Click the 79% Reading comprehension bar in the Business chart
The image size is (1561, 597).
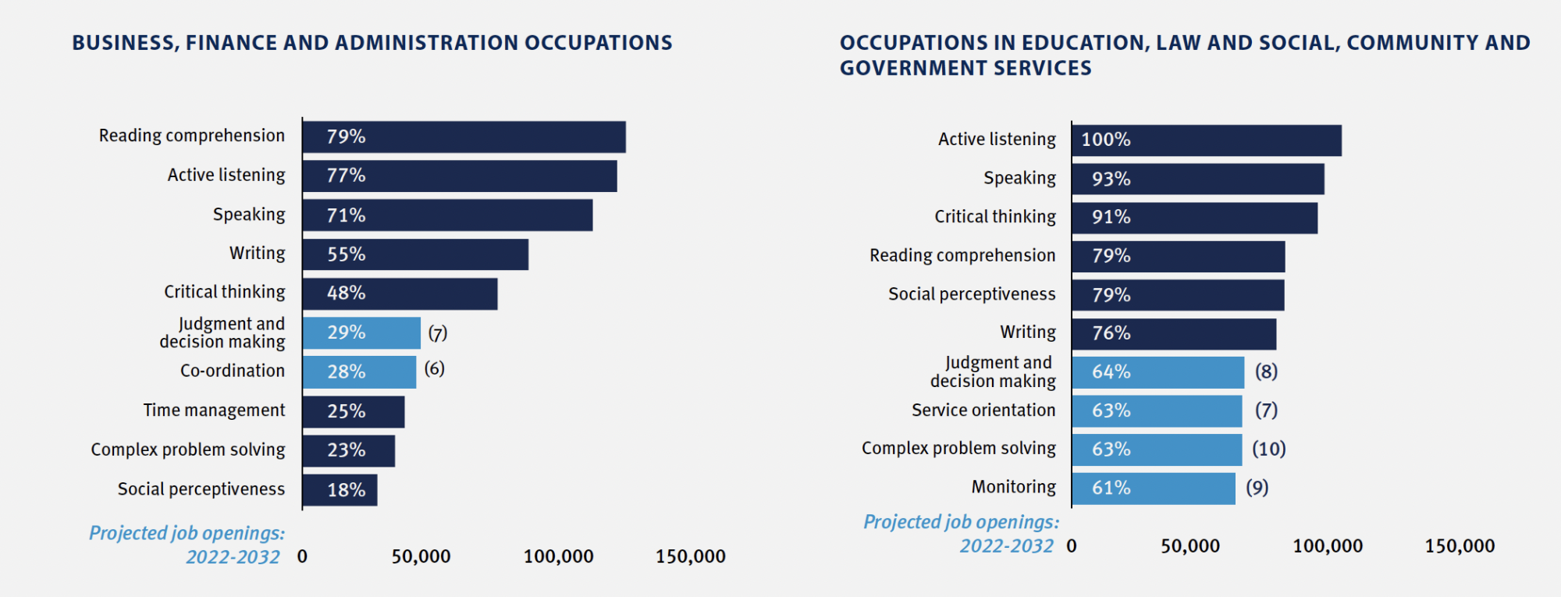pyautogui.click(x=464, y=137)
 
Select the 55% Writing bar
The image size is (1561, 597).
pyautogui.click(x=415, y=254)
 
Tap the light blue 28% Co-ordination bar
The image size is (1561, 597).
pyautogui.click(x=359, y=372)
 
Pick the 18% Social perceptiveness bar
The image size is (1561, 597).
pyautogui.click(x=340, y=490)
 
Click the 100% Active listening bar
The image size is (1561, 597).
pyautogui.click(x=1206, y=140)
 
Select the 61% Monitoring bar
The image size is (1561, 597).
pyautogui.click(x=1153, y=489)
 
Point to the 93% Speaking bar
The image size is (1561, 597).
pyautogui.click(x=1197, y=179)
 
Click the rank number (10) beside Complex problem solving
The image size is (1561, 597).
pyautogui.click(x=1269, y=449)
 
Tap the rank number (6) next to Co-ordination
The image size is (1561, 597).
pyautogui.click(x=435, y=368)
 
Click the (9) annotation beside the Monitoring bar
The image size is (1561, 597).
pyautogui.click(x=1257, y=488)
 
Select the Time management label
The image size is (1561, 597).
pyautogui.click(x=214, y=410)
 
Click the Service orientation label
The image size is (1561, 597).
pyautogui.click(x=983, y=410)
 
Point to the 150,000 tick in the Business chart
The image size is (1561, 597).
pyautogui.click(x=690, y=556)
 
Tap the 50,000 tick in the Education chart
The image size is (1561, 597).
pyautogui.click(x=1189, y=546)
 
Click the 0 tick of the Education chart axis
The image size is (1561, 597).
pyautogui.click(x=1072, y=546)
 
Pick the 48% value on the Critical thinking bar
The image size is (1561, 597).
pyautogui.click(x=346, y=293)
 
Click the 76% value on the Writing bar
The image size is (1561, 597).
pyautogui.click(x=1111, y=333)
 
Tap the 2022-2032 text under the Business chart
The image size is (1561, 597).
pyautogui.click(x=233, y=557)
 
